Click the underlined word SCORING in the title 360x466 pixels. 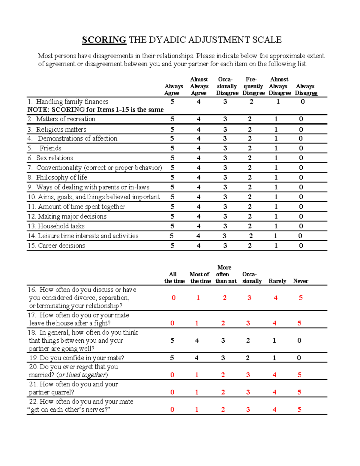pyautogui.click(x=104, y=40)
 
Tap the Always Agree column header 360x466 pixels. pyautogui.click(x=174, y=90)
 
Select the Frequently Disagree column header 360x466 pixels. pyautogui.click(x=253, y=86)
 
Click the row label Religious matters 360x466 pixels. pyautogui.click(x=61, y=130)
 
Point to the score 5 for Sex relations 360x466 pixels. pyautogui.click(x=172, y=158)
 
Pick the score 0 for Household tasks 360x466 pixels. pyautogui.click(x=301, y=226)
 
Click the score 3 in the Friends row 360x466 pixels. pyautogui.click(x=225, y=148)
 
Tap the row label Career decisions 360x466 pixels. pyautogui.click(x=61, y=246)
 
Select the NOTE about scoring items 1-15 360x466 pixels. pyautogui.click(x=95, y=110)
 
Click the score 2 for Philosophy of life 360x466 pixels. pyautogui.click(x=250, y=178)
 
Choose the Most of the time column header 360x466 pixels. pyautogui.click(x=200, y=278)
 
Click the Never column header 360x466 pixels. pyautogui.click(x=301, y=281)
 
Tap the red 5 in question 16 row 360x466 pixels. pyautogui.click(x=301, y=298)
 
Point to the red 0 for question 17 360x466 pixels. pyautogui.click(x=172, y=323)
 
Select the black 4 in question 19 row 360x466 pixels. pyautogui.click(x=196, y=358)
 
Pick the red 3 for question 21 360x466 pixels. pyautogui.click(x=248, y=392)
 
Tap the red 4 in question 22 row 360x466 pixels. pyautogui.click(x=274, y=410)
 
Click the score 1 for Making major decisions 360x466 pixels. pyautogui.click(x=276, y=217)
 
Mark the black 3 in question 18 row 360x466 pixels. pyautogui.click(x=223, y=341)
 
